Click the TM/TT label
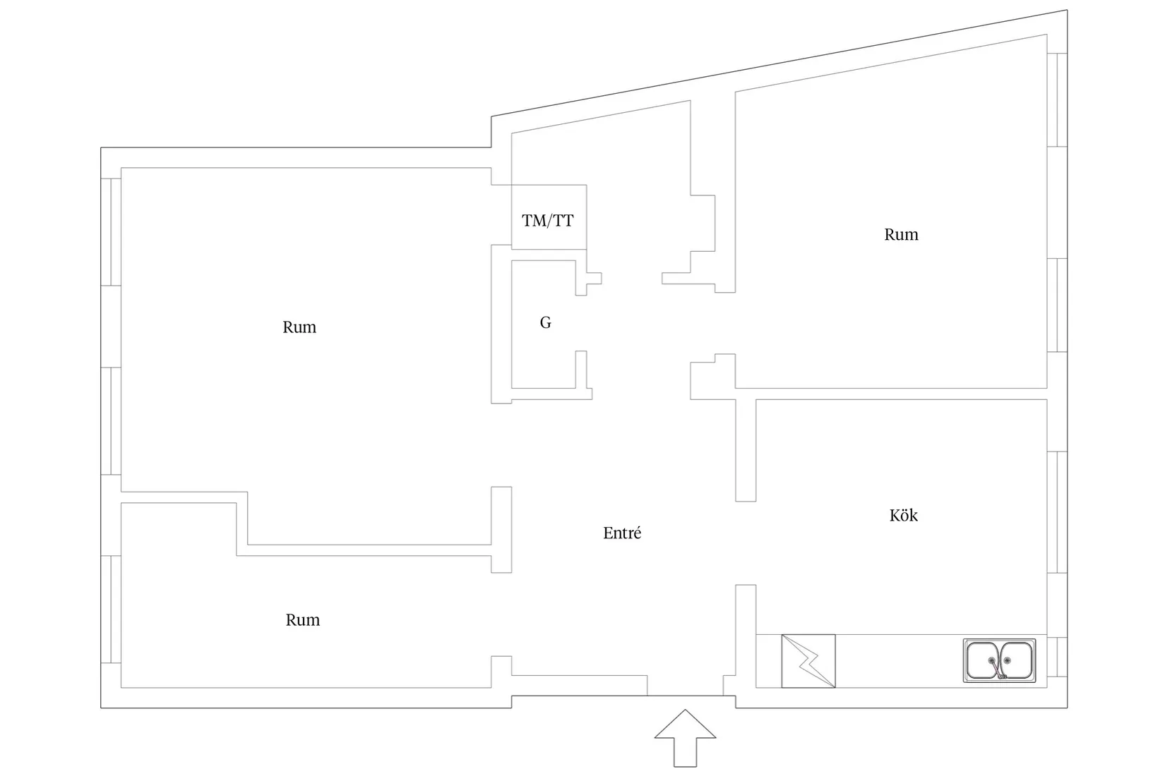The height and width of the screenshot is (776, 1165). pyautogui.click(x=548, y=221)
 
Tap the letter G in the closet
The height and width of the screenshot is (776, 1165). pyautogui.click(x=545, y=323)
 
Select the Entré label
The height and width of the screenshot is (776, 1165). pyautogui.click(x=622, y=533)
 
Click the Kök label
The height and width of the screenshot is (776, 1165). pyautogui.click(x=903, y=516)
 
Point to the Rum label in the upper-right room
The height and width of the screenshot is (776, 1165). pyautogui.click(x=901, y=235)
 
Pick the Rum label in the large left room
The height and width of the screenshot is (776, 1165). pyautogui.click(x=299, y=327)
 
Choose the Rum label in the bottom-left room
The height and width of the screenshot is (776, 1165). pyautogui.click(x=302, y=620)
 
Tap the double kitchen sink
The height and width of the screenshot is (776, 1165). pyautogui.click(x=999, y=660)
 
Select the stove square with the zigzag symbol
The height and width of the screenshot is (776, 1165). pyautogui.click(x=808, y=661)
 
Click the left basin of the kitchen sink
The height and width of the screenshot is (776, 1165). pyautogui.click(x=984, y=660)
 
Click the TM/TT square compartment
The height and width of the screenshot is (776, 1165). pyautogui.click(x=549, y=217)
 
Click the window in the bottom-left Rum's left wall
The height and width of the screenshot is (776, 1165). pyautogui.click(x=111, y=610)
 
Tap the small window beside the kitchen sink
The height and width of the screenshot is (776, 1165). pyautogui.click(x=1057, y=657)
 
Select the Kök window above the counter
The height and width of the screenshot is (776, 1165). pyautogui.click(x=1057, y=511)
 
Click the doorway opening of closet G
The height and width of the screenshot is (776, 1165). pyautogui.click(x=581, y=323)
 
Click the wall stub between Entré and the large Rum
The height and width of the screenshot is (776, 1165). pyautogui.click(x=501, y=529)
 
